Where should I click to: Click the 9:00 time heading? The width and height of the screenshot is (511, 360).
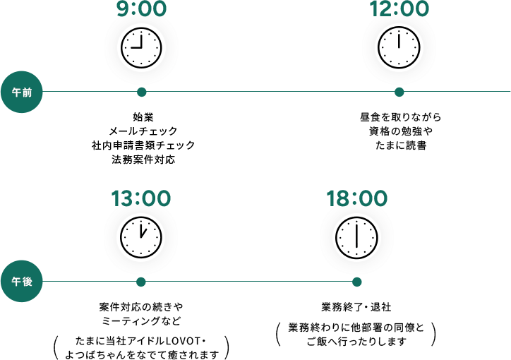coord(141,9)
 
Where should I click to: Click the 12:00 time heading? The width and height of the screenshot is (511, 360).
coord(399,9)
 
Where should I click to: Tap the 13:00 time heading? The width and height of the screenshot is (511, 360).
coord(141,198)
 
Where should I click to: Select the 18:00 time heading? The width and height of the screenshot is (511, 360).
coord(356,198)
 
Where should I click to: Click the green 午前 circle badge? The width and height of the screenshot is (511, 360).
coord(21,92)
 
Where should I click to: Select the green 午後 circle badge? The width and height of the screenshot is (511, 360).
coord(21,282)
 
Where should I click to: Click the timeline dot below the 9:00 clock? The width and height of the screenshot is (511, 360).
coord(141,92)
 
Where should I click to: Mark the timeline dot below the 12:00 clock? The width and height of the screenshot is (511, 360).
coord(399,92)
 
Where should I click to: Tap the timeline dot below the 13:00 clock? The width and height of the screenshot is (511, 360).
coord(141,282)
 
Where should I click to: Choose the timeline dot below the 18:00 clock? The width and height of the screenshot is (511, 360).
coord(356,282)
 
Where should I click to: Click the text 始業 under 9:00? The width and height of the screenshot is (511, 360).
coord(143,116)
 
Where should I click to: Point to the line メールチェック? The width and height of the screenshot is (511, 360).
coord(143,131)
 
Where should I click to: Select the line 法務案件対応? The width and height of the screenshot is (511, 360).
coord(143,160)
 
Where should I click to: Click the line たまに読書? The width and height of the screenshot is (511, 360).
coord(399,145)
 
